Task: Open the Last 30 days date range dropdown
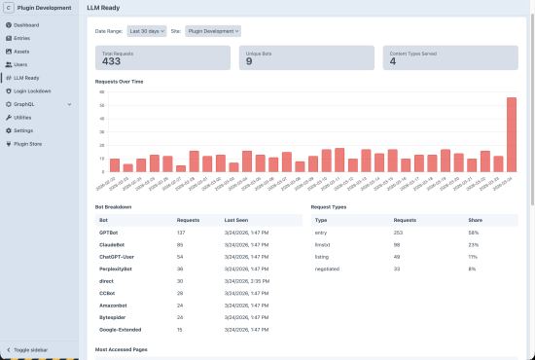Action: click(147, 31)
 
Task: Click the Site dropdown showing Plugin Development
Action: click(212, 31)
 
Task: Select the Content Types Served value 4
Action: click(394, 61)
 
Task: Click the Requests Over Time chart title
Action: click(120, 82)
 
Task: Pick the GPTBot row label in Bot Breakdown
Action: click(108, 234)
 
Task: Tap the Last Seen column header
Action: click(237, 221)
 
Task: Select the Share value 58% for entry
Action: click(474, 234)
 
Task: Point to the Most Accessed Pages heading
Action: click(122, 347)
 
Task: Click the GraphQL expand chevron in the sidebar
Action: click(69, 103)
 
